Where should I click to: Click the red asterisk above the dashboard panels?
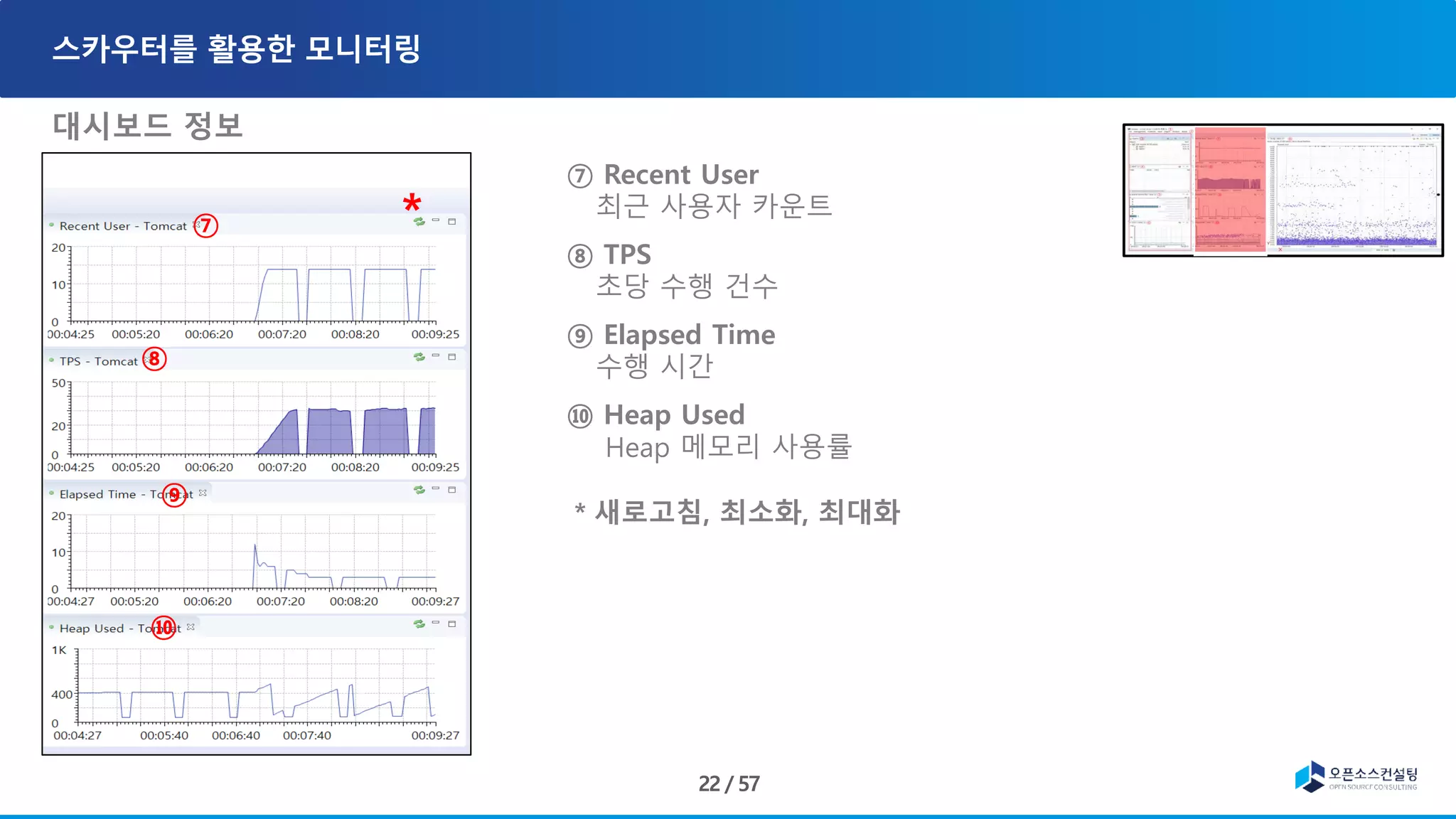tap(412, 203)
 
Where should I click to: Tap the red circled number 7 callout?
tap(205, 226)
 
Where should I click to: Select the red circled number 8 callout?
tap(154, 359)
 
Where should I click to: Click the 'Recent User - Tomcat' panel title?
tap(123, 226)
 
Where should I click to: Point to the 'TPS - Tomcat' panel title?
tap(99, 361)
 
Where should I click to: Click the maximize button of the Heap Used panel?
tap(451, 624)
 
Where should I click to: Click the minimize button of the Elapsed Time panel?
tap(436, 489)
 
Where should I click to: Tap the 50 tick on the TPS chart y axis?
tap(58, 383)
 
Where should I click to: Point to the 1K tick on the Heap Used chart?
tap(59, 651)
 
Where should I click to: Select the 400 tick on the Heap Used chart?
tap(62, 695)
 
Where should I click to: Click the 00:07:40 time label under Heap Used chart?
tap(307, 736)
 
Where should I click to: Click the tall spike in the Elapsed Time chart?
tap(255, 547)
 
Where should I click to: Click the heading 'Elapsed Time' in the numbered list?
tap(689, 335)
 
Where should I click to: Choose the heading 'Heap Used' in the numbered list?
tap(674, 415)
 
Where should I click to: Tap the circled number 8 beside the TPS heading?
tap(580, 256)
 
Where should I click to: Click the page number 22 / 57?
tap(729, 783)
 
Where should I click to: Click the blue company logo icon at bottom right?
tap(1310, 776)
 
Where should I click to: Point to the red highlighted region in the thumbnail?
tap(1230, 190)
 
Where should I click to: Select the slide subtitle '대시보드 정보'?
tap(148, 126)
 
